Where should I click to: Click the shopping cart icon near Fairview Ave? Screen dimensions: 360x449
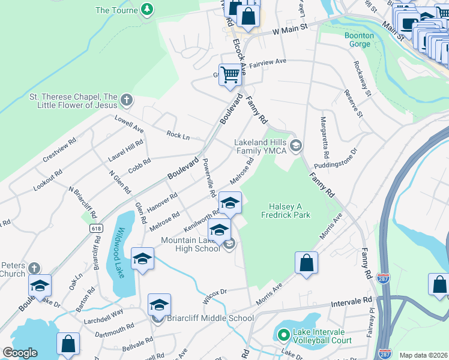tap(230, 75)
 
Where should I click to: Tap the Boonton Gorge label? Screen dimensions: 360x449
tap(360, 40)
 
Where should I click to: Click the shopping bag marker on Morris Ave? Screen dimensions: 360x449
tap(306, 263)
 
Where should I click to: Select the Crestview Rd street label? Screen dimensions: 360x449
tap(59, 151)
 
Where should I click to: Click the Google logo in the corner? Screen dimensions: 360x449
tap(20, 353)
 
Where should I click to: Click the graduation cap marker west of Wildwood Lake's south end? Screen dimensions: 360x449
tap(40, 286)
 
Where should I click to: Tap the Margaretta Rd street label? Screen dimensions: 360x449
tap(324, 133)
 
